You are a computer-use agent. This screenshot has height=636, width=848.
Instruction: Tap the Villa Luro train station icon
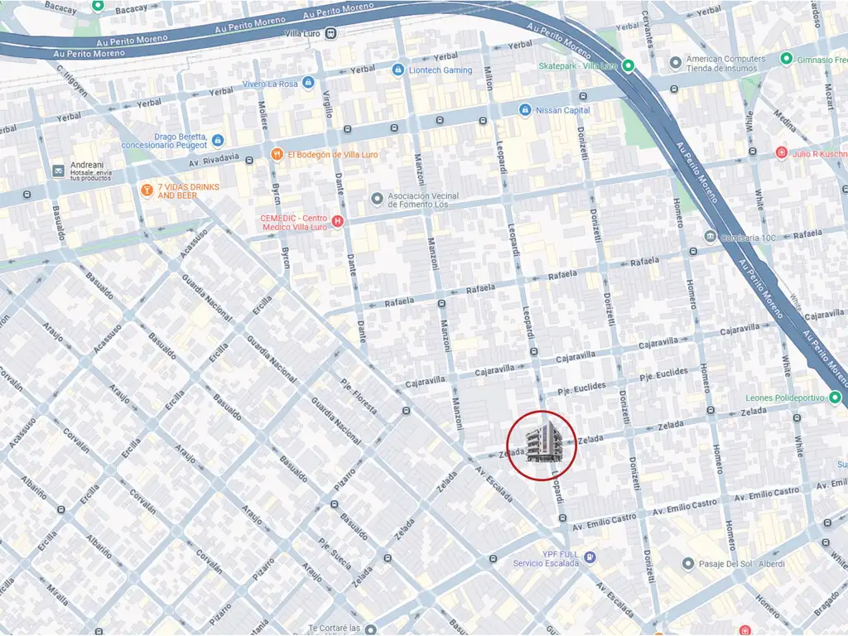click(331, 33)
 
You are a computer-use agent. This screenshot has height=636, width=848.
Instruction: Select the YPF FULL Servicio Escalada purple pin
click(590, 557)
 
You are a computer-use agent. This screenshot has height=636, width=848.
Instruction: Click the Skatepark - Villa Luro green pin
click(629, 65)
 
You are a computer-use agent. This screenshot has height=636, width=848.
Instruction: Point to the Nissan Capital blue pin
click(524, 109)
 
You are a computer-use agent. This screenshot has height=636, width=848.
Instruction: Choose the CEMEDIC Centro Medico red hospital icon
click(337, 221)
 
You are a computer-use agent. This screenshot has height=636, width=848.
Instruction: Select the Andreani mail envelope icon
click(58, 171)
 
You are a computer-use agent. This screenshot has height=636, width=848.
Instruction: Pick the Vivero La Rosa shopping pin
click(308, 84)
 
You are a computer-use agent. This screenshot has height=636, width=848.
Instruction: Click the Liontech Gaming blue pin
click(397, 70)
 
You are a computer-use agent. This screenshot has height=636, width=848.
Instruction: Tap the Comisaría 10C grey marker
click(711, 237)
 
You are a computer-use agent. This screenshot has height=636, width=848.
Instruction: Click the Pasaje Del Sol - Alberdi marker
click(687, 564)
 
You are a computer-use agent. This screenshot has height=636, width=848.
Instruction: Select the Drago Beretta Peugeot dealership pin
click(218, 141)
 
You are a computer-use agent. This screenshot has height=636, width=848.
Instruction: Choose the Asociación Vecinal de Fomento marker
click(378, 200)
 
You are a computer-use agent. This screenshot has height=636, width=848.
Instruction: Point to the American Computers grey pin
click(675, 62)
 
